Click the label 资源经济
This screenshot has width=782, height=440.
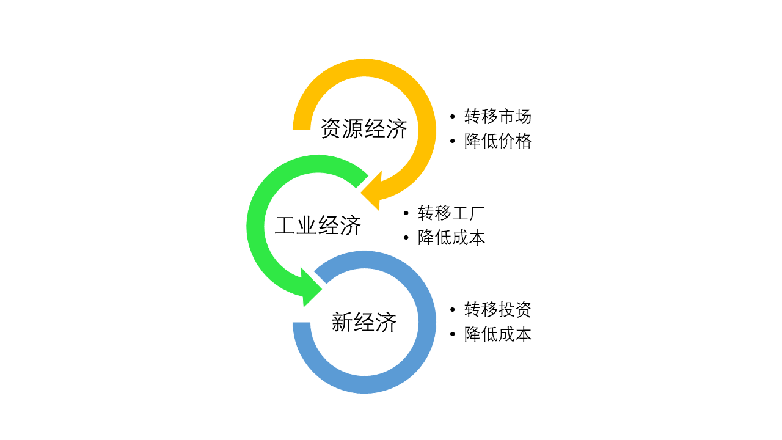(x=364, y=129)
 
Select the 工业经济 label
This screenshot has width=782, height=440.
(x=318, y=226)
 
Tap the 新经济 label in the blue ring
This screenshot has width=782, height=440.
(x=364, y=322)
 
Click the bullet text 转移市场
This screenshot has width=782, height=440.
(x=498, y=116)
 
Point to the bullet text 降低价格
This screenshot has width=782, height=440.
(x=498, y=141)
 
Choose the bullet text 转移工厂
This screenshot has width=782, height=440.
(x=451, y=213)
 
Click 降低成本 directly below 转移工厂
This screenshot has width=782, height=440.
(x=451, y=238)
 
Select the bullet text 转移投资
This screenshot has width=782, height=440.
(x=498, y=309)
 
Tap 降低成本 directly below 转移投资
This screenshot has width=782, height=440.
(x=498, y=334)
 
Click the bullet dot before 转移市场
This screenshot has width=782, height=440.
(x=452, y=116)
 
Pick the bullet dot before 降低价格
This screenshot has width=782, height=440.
(x=452, y=141)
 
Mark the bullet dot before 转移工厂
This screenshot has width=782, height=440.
(x=406, y=213)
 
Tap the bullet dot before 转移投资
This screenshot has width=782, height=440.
(x=452, y=309)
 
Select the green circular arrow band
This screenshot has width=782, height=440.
(x=256, y=226)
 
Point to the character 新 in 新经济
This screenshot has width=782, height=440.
(x=342, y=322)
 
